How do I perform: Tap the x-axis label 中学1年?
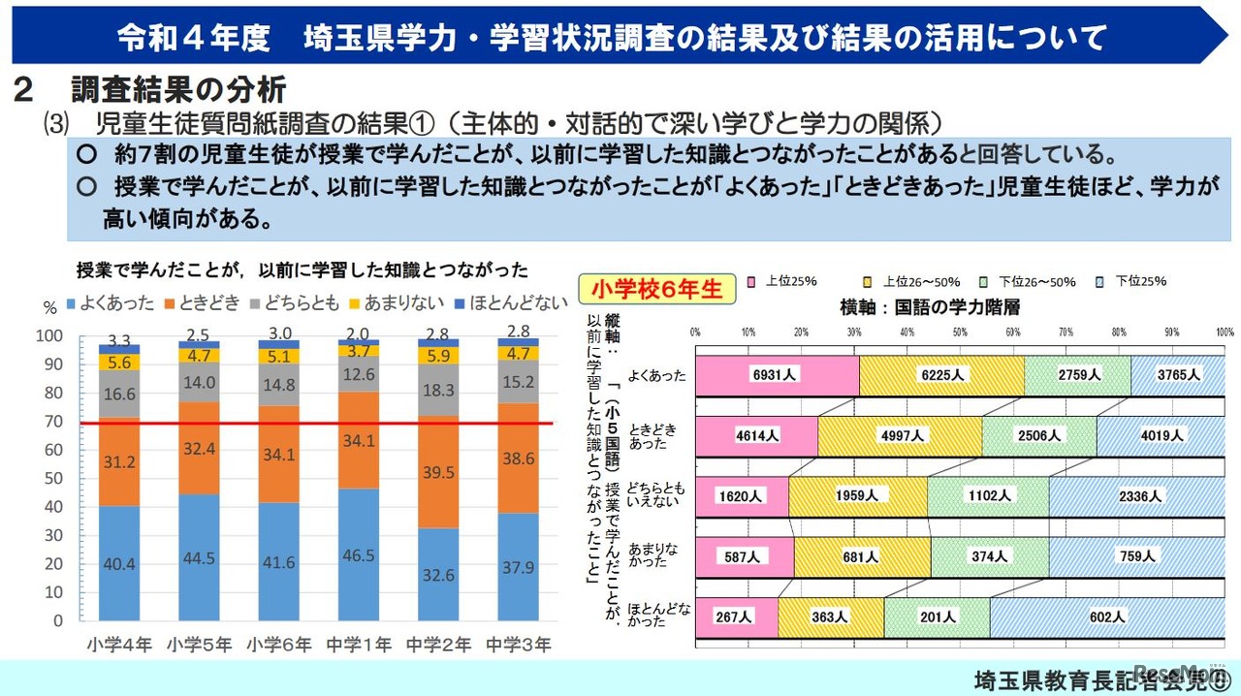(x=359, y=644)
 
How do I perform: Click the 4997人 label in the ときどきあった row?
(x=899, y=435)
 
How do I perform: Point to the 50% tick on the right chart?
(x=961, y=332)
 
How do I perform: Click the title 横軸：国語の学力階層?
(x=929, y=306)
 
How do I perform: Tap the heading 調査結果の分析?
(x=178, y=90)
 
